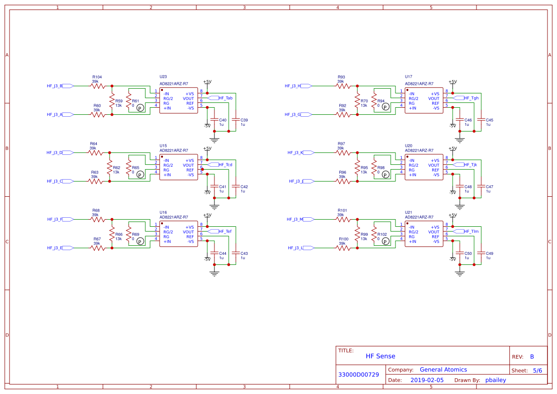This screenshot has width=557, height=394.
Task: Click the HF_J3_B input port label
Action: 55,86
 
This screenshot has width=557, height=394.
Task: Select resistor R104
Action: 97,86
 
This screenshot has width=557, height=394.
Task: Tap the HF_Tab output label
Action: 226,98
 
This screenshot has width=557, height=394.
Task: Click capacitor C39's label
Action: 244,120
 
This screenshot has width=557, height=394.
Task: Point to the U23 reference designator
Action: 163,77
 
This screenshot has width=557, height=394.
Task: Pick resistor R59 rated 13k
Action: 112,101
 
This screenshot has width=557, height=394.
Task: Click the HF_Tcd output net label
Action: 226,165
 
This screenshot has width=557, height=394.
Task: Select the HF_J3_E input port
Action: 55,248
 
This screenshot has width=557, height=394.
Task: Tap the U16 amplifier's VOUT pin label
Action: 188,232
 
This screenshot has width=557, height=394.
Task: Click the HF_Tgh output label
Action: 471,98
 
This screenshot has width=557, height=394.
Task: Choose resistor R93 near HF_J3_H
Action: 343,86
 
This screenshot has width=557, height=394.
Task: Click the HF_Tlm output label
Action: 471,232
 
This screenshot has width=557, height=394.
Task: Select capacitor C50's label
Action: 468,253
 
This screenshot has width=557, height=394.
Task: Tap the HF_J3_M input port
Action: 295,219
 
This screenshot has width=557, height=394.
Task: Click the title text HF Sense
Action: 380,356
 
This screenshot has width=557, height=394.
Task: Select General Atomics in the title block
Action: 443,370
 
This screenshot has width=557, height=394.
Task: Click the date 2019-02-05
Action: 427,380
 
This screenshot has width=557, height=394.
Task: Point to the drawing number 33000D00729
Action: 358,375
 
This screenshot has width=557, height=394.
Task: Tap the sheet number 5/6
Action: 537,370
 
